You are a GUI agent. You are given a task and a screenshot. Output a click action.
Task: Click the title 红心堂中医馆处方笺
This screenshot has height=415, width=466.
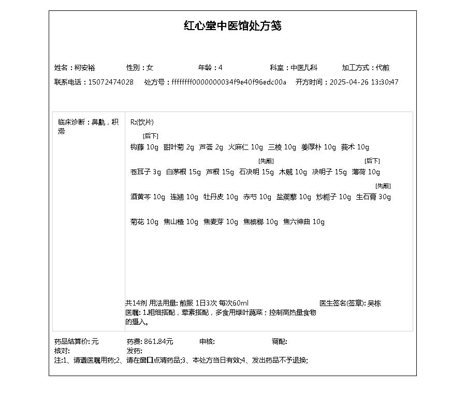click(232, 26)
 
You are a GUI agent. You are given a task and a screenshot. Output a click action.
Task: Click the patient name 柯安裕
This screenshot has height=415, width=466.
click(84, 68)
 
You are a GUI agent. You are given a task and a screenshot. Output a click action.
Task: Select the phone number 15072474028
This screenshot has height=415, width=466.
click(111, 82)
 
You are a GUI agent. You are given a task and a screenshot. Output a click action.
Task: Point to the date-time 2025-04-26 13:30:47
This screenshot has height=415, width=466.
click(364, 82)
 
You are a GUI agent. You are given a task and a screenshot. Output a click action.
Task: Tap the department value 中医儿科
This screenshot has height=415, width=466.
click(303, 68)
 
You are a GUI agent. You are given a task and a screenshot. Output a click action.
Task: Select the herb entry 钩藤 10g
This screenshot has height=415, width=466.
click(144, 147)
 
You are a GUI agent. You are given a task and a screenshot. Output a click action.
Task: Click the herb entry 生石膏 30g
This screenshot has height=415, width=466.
click(373, 197)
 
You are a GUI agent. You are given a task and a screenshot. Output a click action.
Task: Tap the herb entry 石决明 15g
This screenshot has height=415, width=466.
click(256, 172)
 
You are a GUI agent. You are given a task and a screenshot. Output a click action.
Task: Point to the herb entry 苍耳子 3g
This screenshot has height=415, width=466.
click(145, 172)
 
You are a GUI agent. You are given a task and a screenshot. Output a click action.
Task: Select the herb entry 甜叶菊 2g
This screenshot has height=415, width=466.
click(178, 147)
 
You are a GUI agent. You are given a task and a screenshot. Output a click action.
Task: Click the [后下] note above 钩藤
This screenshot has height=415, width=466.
click(151, 136)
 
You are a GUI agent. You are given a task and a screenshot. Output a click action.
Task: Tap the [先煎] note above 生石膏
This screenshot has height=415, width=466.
click(383, 186)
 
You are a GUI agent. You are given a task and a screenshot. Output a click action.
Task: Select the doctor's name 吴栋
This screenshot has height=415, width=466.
click(374, 303)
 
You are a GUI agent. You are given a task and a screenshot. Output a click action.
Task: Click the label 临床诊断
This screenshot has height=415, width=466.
click(71, 122)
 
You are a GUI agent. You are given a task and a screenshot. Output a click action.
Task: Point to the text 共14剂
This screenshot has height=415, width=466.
click(136, 303)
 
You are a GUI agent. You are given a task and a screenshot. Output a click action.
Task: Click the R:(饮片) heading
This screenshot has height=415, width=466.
click(142, 122)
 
